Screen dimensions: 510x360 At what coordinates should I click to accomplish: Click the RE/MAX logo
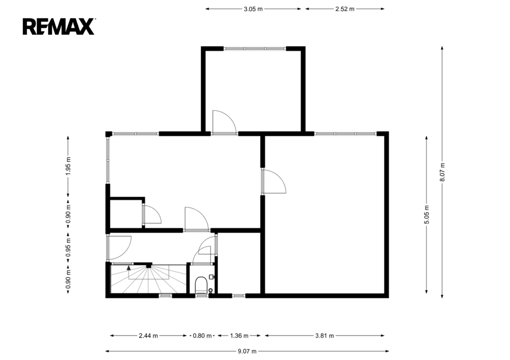(59, 26)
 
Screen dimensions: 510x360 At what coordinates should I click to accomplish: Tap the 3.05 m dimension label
(253, 9)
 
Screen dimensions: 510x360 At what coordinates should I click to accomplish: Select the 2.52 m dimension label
(345, 9)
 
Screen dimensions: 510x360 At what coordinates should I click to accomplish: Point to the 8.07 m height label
(442, 172)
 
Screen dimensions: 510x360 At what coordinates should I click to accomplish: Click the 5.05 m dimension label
(427, 215)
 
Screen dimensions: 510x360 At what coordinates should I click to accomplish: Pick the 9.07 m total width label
(247, 351)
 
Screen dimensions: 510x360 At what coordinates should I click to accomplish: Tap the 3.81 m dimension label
(325, 336)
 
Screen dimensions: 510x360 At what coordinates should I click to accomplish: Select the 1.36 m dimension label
(239, 336)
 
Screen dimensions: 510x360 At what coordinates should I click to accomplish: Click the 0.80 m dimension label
(202, 336)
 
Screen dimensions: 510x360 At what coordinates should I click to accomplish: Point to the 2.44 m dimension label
(148, 336)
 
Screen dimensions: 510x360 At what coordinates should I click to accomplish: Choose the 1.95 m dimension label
(68, 166)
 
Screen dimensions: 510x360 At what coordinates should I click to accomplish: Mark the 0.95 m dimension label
(68, 247)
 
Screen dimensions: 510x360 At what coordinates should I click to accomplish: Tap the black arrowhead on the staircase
(129, 268)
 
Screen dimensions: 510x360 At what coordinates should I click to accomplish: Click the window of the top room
(255, 49)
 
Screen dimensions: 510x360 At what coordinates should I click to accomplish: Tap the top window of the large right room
(345, 133)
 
